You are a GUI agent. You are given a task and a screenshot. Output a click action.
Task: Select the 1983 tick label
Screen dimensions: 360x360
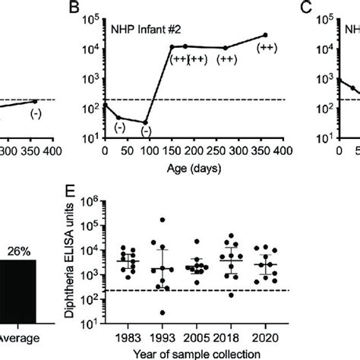[x=128, y=336]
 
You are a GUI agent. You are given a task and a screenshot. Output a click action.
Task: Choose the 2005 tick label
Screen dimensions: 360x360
[x=197, y=336]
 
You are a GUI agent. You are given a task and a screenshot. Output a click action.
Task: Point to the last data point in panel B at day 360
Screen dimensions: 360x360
[x=265, y=35]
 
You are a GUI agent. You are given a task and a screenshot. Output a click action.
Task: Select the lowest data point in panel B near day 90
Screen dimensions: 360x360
[x=145, y=122]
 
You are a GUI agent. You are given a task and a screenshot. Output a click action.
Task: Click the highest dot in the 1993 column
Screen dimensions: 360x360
[x=162, y=220]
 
